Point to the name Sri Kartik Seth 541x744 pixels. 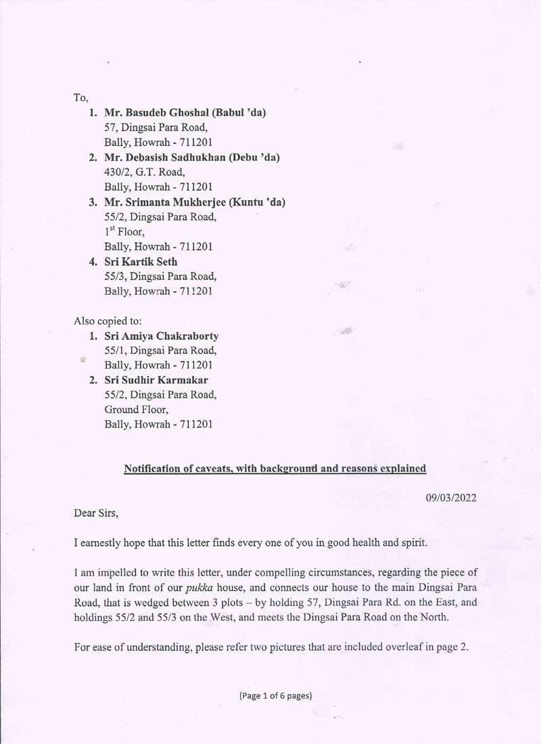point(141,261)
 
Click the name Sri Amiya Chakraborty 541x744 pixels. point(162,335)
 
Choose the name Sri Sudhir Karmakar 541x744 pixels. point(156,380)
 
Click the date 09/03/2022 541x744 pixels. point(451,498)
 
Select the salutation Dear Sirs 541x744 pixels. point(96,513)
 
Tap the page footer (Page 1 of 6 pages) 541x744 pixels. point(275,695)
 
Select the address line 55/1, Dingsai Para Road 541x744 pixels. point(160,350)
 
